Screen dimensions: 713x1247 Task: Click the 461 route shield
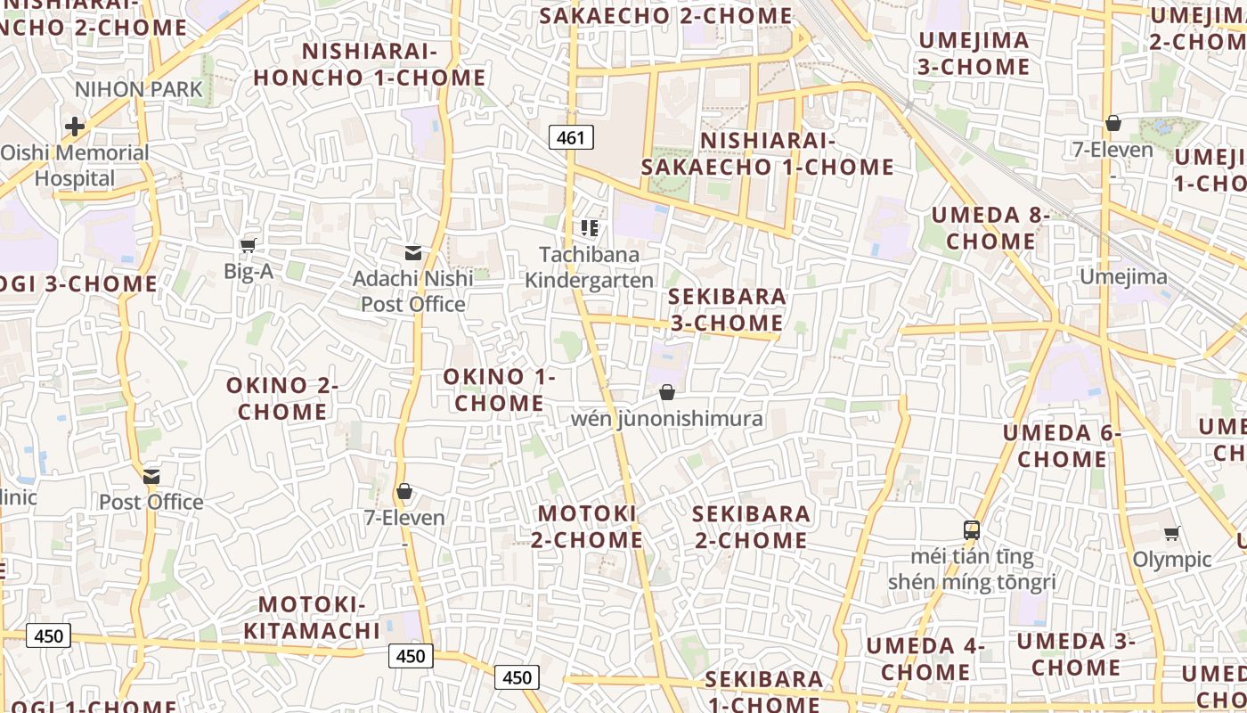pos(571,137)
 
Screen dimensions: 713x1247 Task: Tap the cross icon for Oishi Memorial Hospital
pos(75,127)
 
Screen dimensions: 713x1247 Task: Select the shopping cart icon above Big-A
pos(249,245)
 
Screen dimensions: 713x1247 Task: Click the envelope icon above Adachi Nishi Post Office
pos(413,253)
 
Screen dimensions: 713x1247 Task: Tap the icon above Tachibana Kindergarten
pos(589,228)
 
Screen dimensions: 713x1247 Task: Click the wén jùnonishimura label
pos(667,419)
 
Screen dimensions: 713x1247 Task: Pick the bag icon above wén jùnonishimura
pos(667,392)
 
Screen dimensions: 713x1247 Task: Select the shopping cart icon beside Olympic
pos(1171,534)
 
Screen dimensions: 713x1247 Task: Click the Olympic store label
pos(1171,560)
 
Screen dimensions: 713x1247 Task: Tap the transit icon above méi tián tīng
pos(972,530)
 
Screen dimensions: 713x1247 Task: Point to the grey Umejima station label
pos(1123,277)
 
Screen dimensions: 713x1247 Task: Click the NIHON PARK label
pos(139,89)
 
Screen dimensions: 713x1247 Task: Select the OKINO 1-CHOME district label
pos(499,389)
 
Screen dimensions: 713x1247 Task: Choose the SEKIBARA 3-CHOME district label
pos(727,309)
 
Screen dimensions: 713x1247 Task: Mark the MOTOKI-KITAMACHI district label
pos(312,618)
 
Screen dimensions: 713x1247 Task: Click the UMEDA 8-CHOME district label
pos(990,228)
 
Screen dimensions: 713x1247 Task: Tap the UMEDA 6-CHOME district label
pos(1062,447)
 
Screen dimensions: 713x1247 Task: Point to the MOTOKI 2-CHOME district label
pos(588,527)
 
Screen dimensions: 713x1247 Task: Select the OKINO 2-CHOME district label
pos(281,398)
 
